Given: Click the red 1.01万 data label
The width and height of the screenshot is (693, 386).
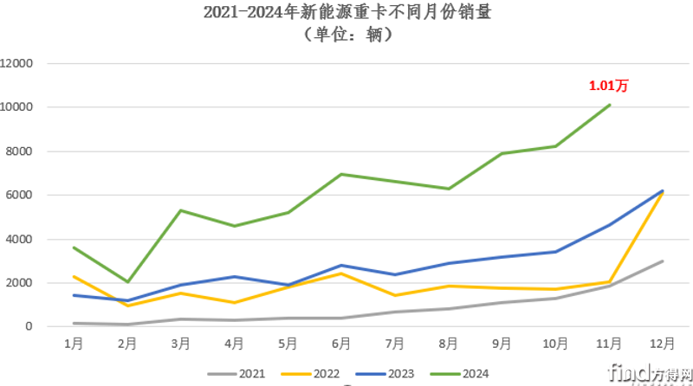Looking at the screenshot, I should point(607,86).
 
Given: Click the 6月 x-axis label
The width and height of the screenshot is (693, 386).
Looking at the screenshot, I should point(342,344).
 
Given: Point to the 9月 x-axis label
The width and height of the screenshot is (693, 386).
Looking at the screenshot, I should point(502,344).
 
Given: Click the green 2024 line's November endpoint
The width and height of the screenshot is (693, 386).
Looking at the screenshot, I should point(610,105).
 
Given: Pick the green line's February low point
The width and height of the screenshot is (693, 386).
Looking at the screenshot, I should point(128,282).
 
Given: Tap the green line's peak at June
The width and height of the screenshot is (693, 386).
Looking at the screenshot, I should point(342,174).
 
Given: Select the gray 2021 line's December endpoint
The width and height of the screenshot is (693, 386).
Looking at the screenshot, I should point(663,261).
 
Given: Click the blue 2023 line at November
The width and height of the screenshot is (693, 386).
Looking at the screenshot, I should point(610,225).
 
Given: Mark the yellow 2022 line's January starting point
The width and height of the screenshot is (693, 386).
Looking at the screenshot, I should point(75,276).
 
